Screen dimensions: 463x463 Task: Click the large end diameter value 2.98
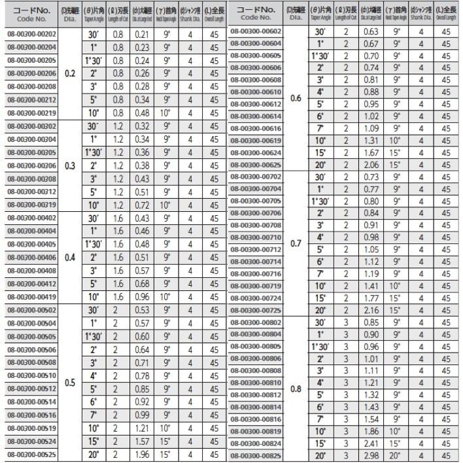coord(371,455)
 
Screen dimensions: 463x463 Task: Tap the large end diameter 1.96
coord(141,454)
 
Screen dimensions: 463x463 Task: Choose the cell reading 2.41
coord(371,443)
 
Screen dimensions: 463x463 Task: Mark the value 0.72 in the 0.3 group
coord(141,205)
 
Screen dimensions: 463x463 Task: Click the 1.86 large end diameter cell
coord(371,431)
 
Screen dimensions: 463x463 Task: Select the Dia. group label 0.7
coord(296,243)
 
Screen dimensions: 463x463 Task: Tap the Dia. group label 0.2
coord(70,74)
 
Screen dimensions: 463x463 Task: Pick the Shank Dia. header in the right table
coord(421,12)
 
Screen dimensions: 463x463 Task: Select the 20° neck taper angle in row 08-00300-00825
coord(396,455)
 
